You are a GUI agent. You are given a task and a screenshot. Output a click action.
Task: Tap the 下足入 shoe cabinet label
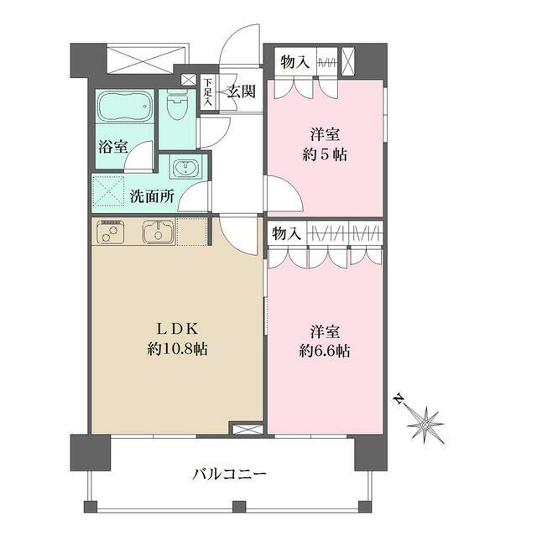(207, 92)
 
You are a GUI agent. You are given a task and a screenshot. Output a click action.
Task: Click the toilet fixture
(176, 108)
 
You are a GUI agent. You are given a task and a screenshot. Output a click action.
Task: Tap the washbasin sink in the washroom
(185, 168)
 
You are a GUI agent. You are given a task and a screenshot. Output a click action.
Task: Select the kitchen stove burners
(111, 232)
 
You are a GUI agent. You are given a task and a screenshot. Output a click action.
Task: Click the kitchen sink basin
(157, 232)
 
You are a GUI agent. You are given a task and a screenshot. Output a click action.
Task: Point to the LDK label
(174, 328)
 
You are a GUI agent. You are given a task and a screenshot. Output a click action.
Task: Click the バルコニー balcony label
(229, 475)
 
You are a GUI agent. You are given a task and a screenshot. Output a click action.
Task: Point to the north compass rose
(426, 425)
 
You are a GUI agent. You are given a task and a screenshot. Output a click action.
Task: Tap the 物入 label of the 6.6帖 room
(285, 233)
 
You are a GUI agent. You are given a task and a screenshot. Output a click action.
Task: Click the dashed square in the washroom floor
(107, 192)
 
